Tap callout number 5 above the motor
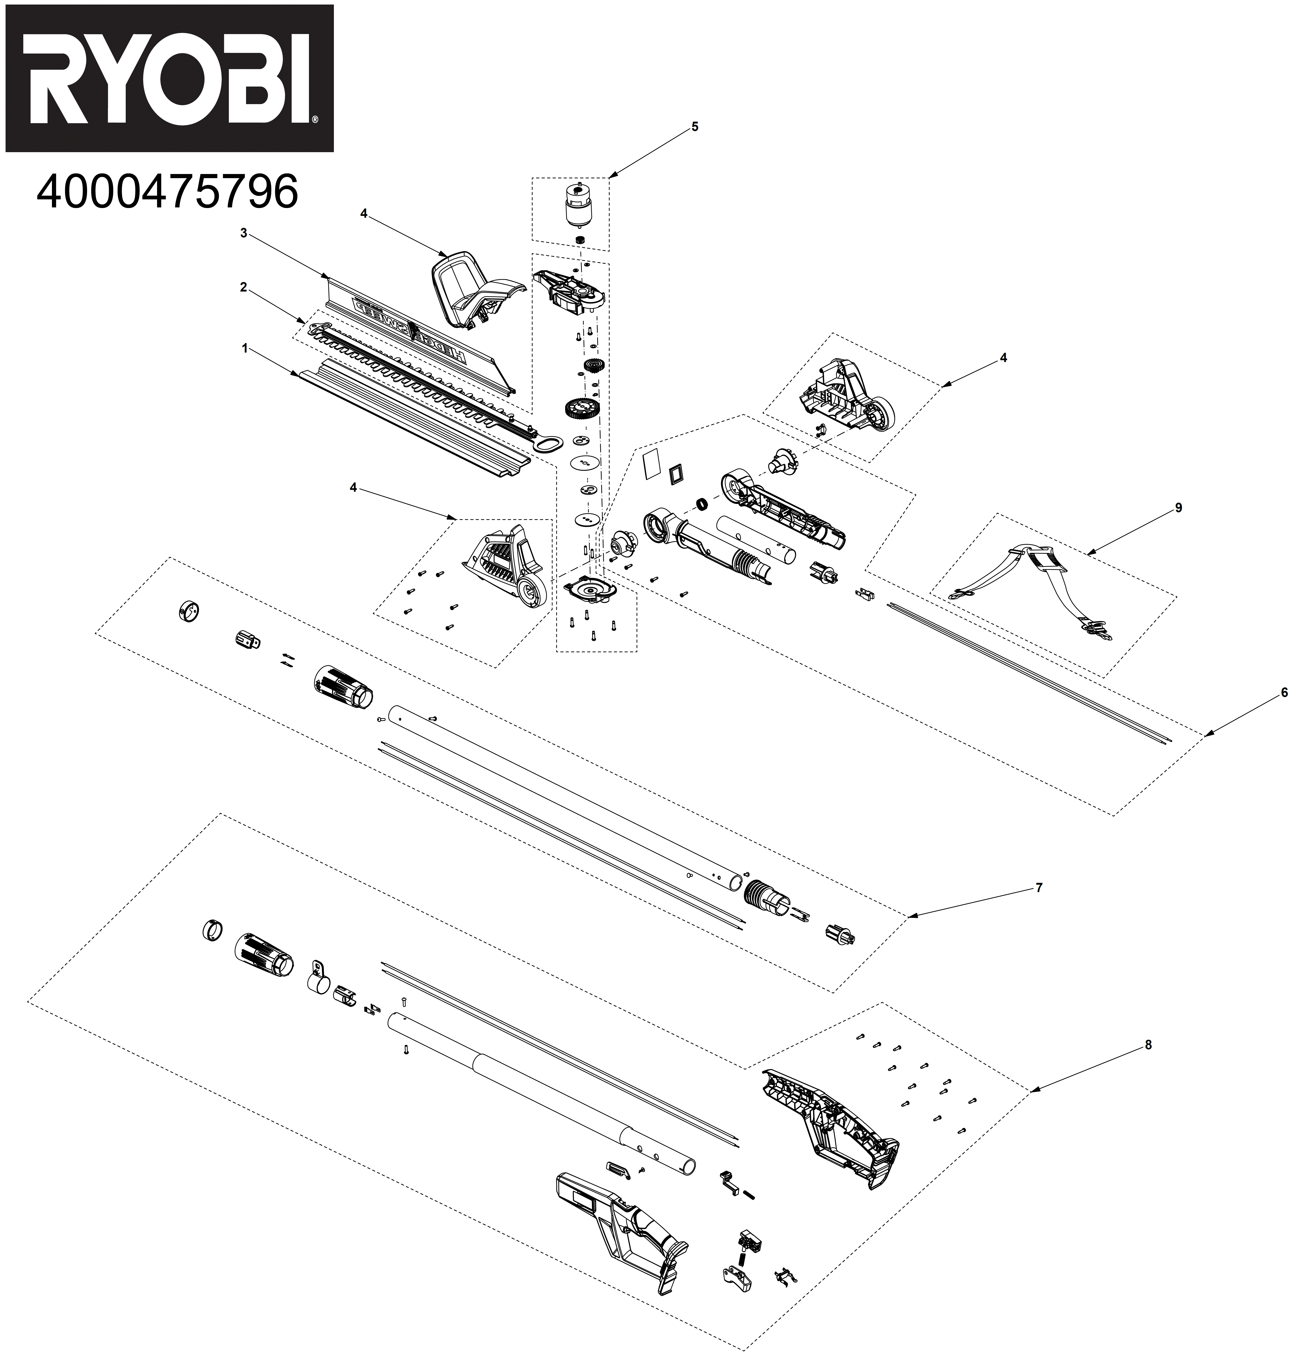pos(695,127)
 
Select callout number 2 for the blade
pos(243,288)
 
